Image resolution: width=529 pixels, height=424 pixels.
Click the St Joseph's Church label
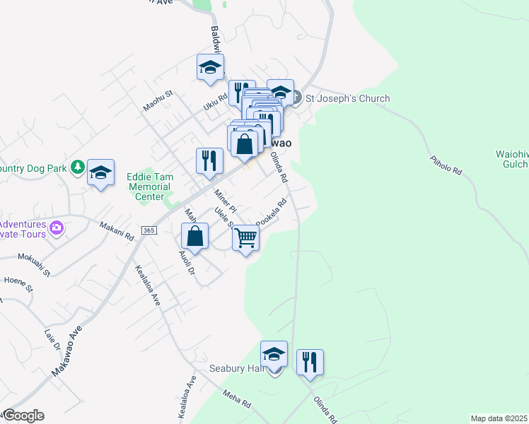347,98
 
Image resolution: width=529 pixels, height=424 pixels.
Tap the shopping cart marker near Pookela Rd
245,239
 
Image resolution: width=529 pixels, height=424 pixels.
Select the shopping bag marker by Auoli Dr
194,236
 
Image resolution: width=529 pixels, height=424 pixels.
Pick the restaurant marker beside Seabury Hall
310,363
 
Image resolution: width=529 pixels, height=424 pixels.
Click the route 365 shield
149,230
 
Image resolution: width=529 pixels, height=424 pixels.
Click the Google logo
23,416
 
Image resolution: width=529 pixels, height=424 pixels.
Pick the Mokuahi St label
34,264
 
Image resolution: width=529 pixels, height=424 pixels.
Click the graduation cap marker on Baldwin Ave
210,67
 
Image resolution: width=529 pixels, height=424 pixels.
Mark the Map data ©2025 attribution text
499,418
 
